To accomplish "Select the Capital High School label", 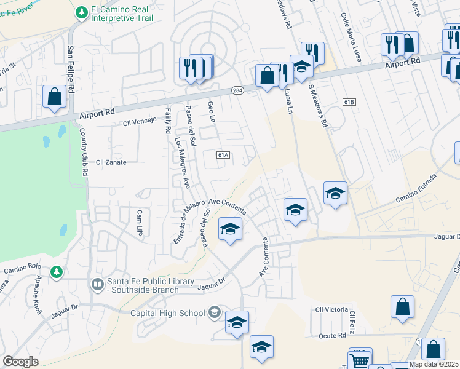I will pyautogui.click(x=168, y=313).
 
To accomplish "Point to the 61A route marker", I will pyautogui.click(x=223, y=155).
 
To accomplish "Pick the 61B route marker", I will pyautogui.click(x=350, y=101).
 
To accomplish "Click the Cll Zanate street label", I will pyautogui.click(x=111, y=162).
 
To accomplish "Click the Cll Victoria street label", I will pyautogui.click(x=330, y=309).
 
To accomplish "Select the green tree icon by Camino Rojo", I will pyautogui.click(x=57, y=271).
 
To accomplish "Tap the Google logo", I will pyautogui.click(x=21, y=362).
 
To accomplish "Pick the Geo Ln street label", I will pyautogui.click(x=211, y=111).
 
